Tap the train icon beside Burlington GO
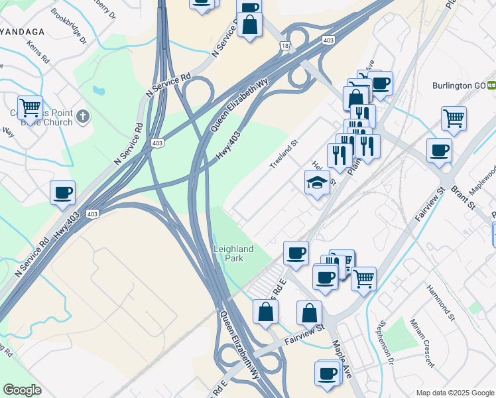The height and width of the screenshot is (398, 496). (x=492, y=86)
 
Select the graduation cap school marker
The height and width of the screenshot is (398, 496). (x=317, y=182)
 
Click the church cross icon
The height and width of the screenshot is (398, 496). (x=83, y=117)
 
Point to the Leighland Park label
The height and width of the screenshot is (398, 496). (x=233, y=253)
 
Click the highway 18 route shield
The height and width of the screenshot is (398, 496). (x=284, y=45)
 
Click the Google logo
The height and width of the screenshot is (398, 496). (x=23, y=390)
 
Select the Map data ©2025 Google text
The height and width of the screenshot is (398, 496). (x=454, y=393)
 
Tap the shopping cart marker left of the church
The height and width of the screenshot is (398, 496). (x=30, y=107)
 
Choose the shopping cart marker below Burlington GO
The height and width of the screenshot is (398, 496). (x=454, y=118)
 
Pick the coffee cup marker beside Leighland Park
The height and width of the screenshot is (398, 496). (x=296, y=252)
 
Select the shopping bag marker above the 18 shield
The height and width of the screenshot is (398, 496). (x=249, y=25)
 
